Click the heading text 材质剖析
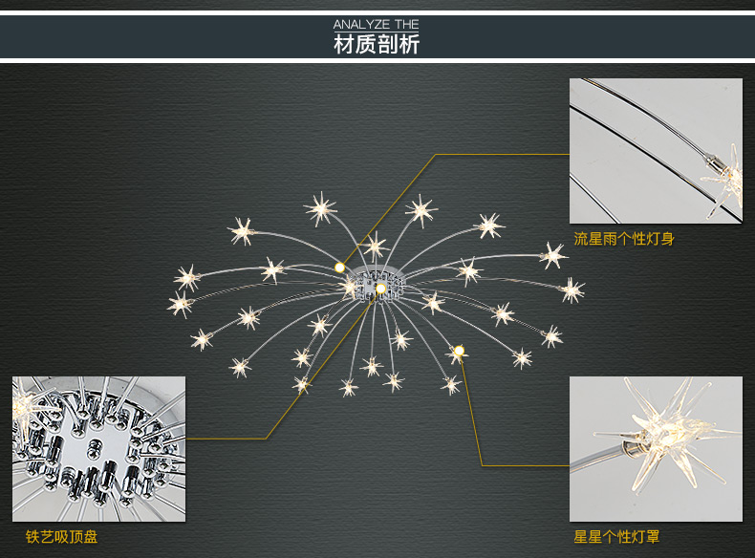[x=377, y=44]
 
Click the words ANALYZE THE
[x=377, y=24]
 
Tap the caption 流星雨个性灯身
[x=624, y=239]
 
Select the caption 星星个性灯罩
[x=616, y=537]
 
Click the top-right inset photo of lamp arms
[x=656, y=151]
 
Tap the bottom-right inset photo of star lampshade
[x=656, y=448]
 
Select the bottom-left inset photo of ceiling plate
[x=98, y=448]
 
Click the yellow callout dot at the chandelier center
[x=380, y=288]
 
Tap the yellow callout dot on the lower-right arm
[x=460, y=351]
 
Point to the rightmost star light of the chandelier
[x=572, y=290]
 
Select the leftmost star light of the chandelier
[x=181, y=305]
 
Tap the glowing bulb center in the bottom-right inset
[x=657, y=435]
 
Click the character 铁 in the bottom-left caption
[x=33, y=537]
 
